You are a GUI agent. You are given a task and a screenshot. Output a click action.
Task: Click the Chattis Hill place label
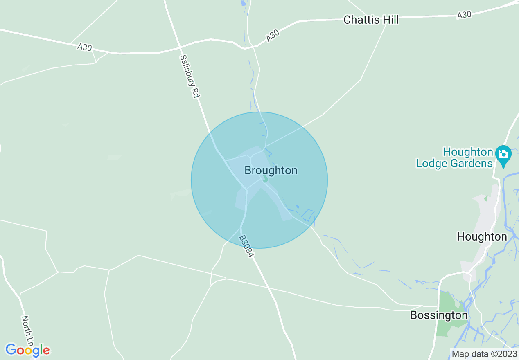click(x=371, y=20)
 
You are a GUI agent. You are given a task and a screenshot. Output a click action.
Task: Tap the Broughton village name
click(x=271, y=170)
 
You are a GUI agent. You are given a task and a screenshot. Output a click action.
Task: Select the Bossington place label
click(x=439, y=315)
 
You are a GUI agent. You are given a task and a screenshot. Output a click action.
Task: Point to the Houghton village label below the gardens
click(x=481, y=236)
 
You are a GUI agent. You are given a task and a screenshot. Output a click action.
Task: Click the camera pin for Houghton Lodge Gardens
click(x=503, y=155)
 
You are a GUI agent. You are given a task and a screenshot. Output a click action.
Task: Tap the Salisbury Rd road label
click(x=189, y=76)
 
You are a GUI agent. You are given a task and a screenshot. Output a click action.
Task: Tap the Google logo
click(x=27, y=350)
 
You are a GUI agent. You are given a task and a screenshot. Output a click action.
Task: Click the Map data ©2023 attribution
click(x=484, y=354)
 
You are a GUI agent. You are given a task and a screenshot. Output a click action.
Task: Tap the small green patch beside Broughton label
click(x=265, y=179)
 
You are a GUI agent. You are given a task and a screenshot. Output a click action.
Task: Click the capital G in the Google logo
click(x=11, y=350)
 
